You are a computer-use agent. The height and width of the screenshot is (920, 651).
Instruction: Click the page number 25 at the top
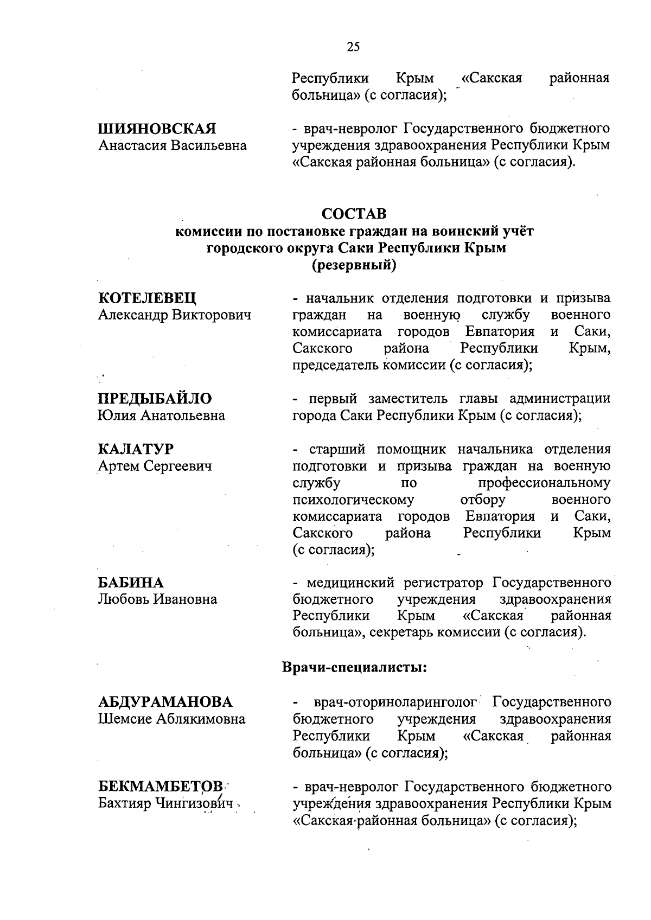353,47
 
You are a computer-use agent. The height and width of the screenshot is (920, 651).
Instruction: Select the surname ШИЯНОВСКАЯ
157,129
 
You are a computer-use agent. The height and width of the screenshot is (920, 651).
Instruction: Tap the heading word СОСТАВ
354,214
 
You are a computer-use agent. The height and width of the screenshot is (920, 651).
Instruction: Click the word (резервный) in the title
354,265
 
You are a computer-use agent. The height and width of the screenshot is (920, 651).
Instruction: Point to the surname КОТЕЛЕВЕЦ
148,298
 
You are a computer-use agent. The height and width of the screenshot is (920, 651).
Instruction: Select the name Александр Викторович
175,315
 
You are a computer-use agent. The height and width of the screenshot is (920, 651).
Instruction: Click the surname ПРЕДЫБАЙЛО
155,399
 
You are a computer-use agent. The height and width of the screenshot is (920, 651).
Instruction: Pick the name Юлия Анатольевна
161,416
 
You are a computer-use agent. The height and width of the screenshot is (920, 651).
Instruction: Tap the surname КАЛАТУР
136,449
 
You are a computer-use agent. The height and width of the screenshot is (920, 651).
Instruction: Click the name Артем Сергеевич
155,466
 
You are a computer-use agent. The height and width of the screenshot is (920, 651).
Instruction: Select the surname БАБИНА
131,583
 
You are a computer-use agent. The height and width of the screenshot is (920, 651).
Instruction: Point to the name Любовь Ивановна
157,599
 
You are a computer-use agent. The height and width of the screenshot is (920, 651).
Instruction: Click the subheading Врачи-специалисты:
355,667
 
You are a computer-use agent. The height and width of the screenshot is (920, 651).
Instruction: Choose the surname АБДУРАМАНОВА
165,702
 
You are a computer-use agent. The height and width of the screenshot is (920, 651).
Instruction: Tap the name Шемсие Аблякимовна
171,719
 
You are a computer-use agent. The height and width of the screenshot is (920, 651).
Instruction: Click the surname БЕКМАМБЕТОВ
161,787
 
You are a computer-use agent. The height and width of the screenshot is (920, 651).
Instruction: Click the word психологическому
353,500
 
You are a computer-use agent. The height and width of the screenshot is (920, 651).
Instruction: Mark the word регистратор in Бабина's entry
443,583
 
